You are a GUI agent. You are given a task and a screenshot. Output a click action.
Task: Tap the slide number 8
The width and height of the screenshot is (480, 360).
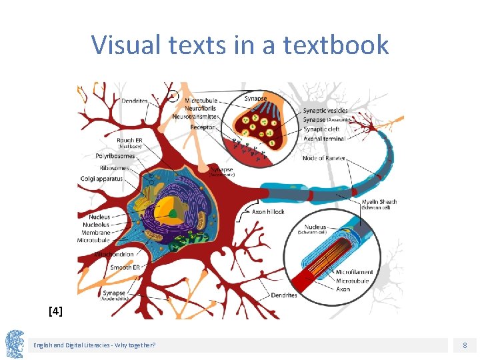465,345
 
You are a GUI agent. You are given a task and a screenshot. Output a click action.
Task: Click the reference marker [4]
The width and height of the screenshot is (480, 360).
56,310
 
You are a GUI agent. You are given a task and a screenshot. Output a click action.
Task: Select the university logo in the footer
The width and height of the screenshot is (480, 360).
15,345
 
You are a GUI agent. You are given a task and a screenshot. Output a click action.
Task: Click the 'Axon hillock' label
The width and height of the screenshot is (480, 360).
268,211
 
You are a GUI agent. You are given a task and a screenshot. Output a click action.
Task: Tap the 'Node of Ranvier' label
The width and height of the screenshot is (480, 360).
323,158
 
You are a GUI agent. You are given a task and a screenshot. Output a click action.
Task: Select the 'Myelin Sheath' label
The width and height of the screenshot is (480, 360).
379,202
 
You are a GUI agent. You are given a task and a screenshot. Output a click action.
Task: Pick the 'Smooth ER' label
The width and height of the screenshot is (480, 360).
125,267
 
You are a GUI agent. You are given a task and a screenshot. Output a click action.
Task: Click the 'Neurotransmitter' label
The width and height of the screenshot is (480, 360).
195,117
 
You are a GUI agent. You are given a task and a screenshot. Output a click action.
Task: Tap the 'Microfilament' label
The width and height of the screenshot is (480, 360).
354,272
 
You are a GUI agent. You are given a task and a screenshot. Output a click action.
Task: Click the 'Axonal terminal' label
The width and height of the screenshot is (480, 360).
324,139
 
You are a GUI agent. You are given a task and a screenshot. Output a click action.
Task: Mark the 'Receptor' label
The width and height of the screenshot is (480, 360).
203,127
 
